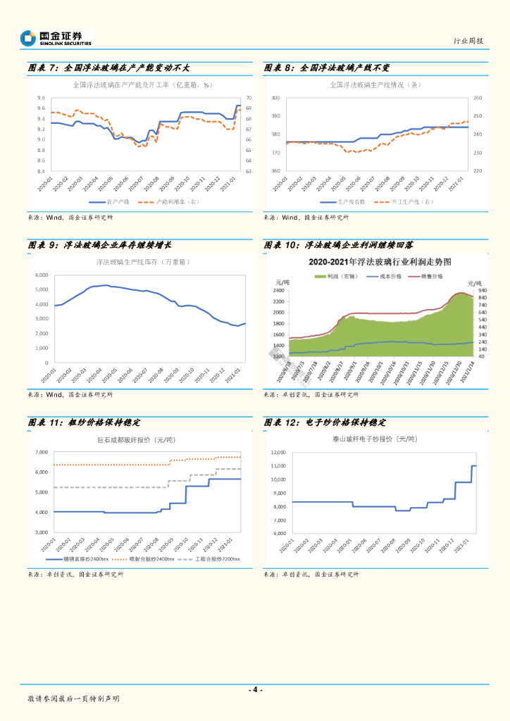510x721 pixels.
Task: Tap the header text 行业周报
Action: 468,41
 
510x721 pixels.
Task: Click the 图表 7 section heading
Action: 108,68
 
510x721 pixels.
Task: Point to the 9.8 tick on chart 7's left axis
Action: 42,98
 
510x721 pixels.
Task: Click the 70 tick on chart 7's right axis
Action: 248,98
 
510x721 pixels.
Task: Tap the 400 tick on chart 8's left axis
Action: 275,98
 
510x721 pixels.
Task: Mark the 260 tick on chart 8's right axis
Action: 478,98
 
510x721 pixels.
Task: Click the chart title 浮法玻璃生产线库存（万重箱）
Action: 143,262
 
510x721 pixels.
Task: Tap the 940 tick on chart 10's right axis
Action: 483,290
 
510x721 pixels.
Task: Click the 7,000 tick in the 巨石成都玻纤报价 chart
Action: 41,452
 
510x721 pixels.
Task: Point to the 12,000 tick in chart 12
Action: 279,452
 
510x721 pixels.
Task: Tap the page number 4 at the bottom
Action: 256,689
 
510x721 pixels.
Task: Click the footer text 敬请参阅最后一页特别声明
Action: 73,698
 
